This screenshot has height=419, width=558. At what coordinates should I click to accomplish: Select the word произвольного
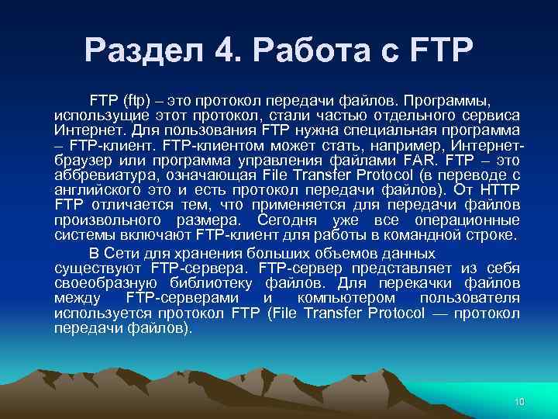pyautogui.click(x=105, y=220)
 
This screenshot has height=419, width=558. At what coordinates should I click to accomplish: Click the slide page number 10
pyautogui.click(x=519, y=401)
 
